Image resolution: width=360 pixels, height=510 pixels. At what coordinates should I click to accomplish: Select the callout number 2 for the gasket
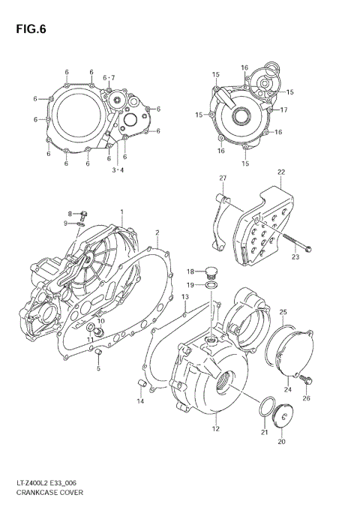(157, 233)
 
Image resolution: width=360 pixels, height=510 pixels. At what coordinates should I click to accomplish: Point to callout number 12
(215, 429)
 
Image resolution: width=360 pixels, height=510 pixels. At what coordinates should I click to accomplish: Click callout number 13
(184, 298)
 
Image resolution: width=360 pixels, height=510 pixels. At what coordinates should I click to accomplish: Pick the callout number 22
(280, 172)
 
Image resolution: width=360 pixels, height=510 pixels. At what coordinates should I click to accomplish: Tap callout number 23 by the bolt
(295, 257)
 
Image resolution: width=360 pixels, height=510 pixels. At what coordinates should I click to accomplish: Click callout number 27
(222, 178)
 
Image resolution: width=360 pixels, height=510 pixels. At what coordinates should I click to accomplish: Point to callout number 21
(263, 431)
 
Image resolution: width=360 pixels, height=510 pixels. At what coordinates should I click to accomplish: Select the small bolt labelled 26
(304, 382)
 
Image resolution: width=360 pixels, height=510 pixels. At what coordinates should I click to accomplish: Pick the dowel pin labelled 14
(139, 385)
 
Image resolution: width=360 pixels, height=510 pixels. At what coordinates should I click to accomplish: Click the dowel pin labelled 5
(97, 352)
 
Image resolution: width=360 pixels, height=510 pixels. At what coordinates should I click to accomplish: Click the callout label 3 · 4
(118, 170)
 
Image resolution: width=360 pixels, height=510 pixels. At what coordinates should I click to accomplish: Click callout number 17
(284, 110)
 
